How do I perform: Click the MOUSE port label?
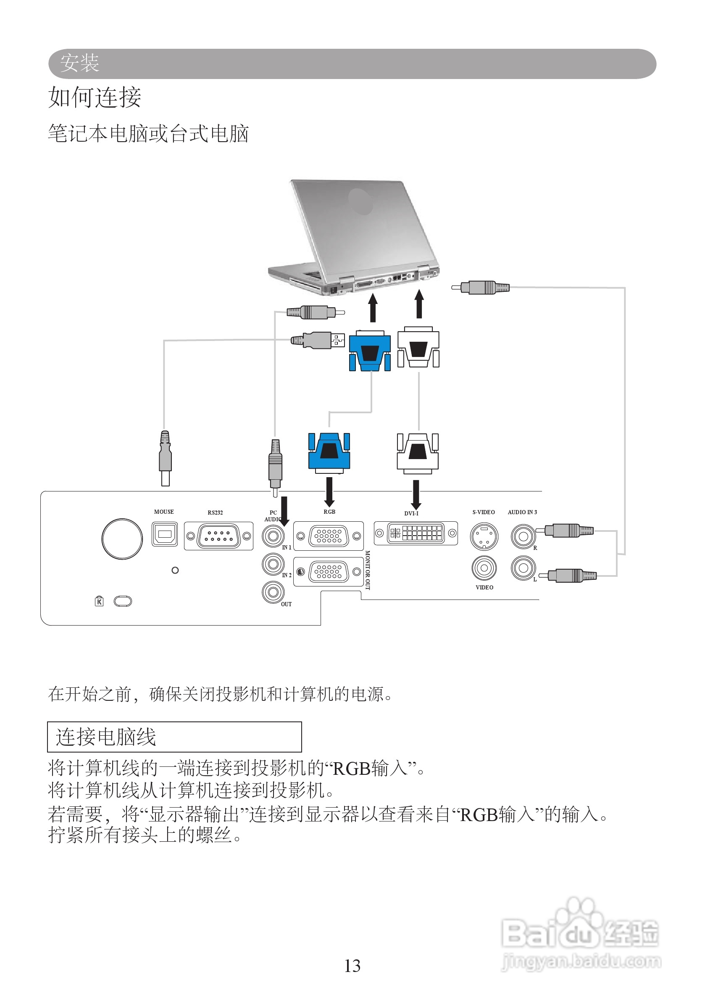pos(163,511)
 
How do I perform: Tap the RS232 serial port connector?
pos(218,536)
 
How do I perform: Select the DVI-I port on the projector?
pos(416,533)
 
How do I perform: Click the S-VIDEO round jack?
pos(484,536)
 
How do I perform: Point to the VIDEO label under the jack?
pos(484,587)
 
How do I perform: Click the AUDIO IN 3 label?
pos(522,512)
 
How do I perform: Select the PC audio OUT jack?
pos(273,592)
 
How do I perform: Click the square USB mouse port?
pos(164,534)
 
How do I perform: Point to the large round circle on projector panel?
pos(122,539)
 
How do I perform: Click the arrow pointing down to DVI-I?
pos(416,494)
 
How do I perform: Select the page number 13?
pos(352,966)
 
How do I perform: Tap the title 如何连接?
pos(95,97)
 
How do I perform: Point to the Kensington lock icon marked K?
pos(99,602)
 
